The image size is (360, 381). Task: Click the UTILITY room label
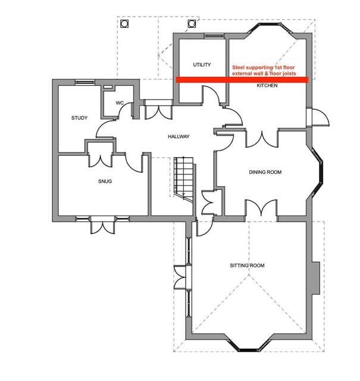pos(202,65)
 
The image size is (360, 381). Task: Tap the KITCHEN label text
pos(267,86)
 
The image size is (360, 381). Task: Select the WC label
pos(120,103)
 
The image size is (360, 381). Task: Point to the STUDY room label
pos(79,118)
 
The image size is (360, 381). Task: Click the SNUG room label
pos(105,181)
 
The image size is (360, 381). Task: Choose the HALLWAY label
pos(179,136)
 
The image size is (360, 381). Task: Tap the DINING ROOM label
pos(265,172)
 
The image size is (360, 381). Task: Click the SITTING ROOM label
pos(247,266)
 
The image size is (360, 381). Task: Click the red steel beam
pos(242,80)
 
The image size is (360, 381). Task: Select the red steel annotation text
pos(264,70)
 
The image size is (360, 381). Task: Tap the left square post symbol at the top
pos(124,24)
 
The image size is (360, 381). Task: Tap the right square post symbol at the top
pos(192,24)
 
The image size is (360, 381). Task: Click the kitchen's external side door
pos(318,118)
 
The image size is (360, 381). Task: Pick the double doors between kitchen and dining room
pos(262,139)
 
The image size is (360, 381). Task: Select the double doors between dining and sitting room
pos(261,208)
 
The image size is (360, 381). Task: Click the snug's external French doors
pos(102,225)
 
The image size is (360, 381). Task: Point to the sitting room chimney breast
pos(316,278)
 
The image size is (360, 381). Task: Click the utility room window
pos(214,36)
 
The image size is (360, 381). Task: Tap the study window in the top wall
pos(84,82)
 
